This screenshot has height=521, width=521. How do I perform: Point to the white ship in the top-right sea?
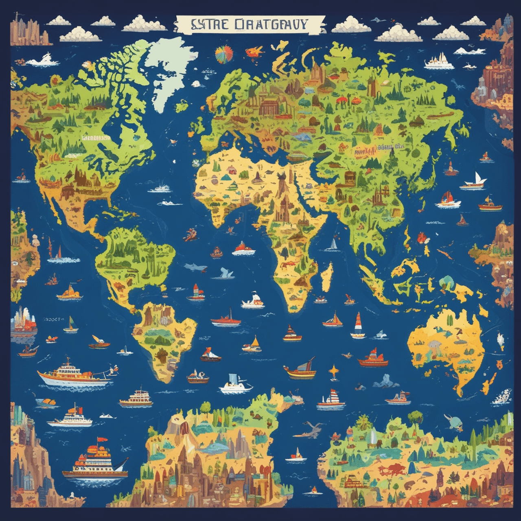439,61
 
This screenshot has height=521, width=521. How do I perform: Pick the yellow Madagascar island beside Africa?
326,276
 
